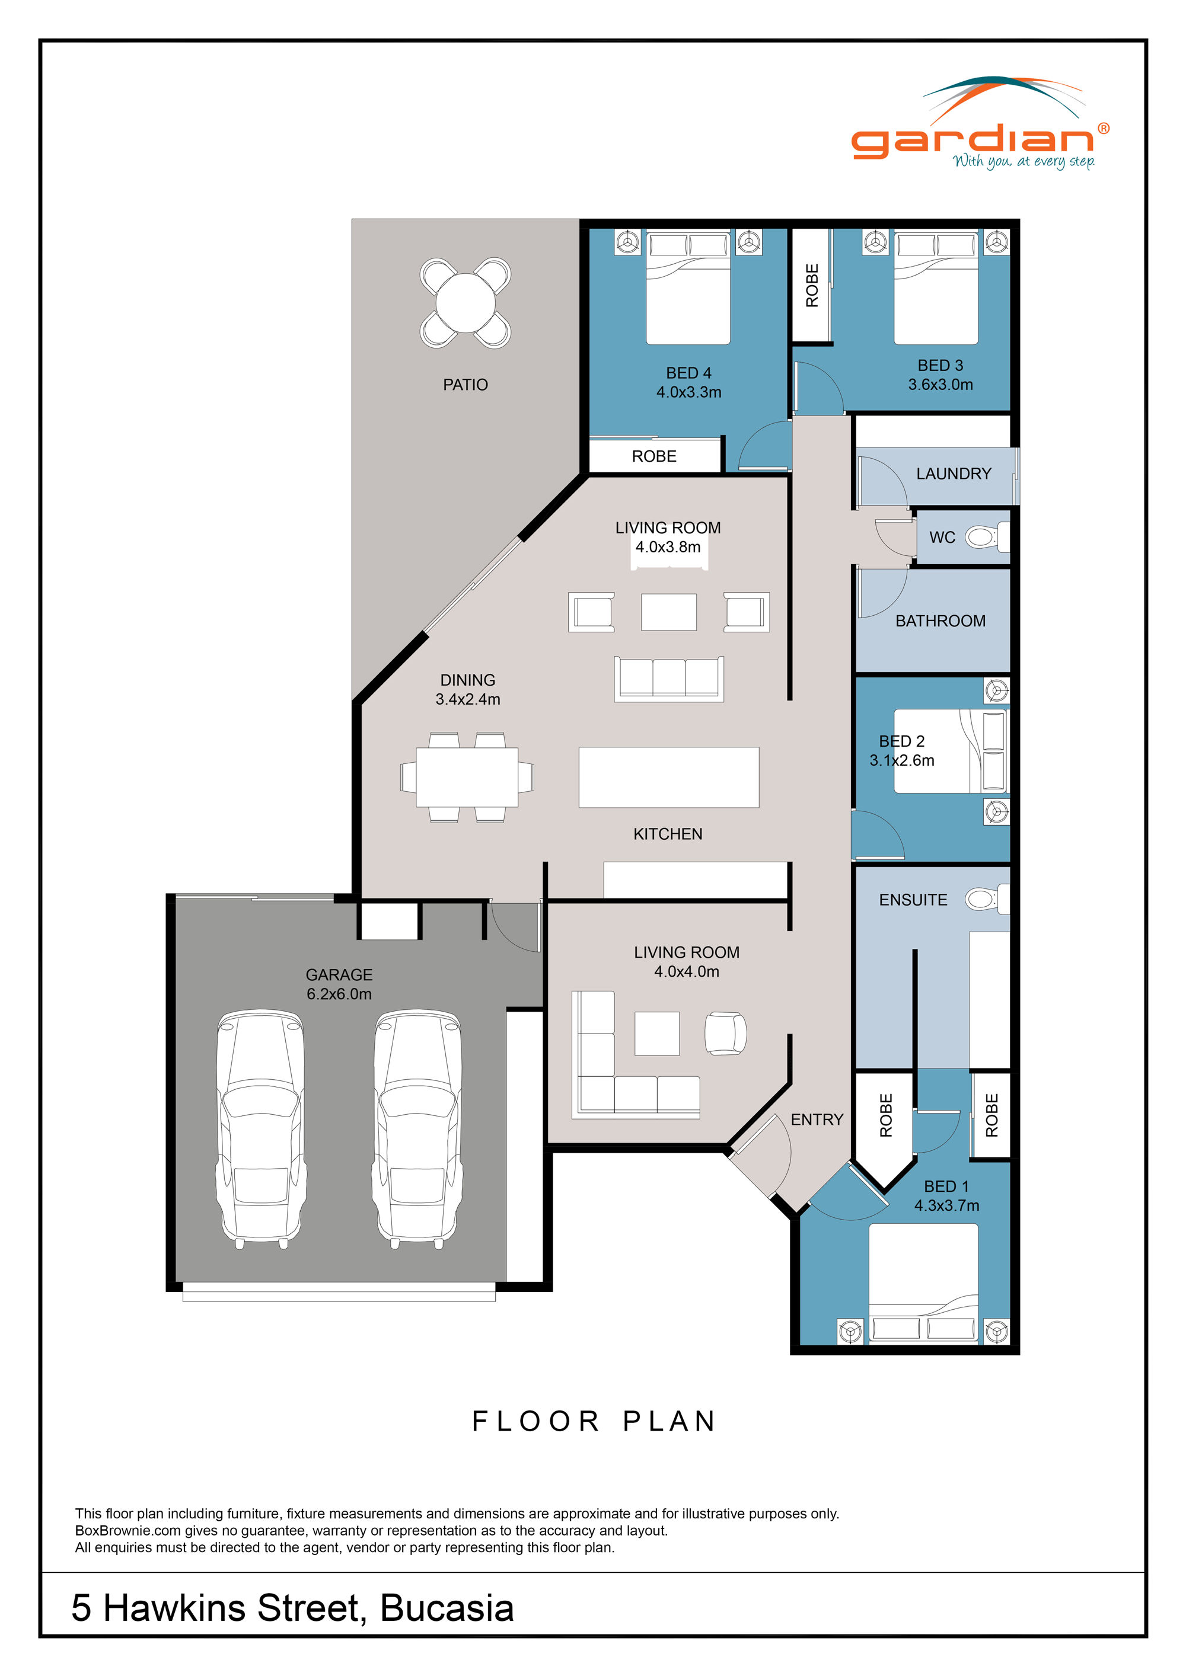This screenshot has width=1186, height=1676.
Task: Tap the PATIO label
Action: tap(465, 385)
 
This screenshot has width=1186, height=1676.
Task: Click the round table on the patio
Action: tap(465, 302)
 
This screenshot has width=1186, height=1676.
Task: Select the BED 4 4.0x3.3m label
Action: tap(688, 382)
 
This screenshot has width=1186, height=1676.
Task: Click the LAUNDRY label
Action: tap(953, 474)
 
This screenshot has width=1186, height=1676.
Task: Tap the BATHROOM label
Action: tap(940, 621)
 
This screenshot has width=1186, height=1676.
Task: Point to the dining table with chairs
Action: tap(467, 777)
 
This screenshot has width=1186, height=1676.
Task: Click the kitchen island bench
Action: tap(668, 777)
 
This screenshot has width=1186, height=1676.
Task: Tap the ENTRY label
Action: tap(817, 1120)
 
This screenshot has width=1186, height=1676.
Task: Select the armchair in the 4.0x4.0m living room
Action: tap(725, 1033)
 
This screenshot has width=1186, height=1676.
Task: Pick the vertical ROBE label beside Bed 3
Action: tap(811, 286)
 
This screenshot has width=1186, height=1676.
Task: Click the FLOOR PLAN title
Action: tap(593, 1422)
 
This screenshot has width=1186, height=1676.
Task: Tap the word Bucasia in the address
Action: tap(447, 1608)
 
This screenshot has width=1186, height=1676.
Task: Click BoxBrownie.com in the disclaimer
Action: tap(128, 1531)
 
